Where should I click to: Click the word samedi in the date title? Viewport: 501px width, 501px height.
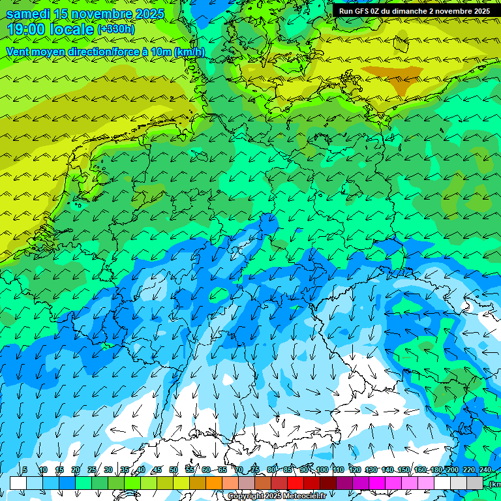click(29, 14)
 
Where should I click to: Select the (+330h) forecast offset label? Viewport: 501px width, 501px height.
click(116, 29)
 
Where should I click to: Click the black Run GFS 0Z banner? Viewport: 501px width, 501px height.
click(414, 10)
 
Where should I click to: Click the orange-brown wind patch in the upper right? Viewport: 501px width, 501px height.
click(395, 78)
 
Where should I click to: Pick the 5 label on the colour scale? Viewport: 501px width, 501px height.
click(25, 470)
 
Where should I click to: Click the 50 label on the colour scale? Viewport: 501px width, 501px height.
click(174, 470)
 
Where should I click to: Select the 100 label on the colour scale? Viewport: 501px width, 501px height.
click(322, 470)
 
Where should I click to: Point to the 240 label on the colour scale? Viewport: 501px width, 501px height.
click(485, 470)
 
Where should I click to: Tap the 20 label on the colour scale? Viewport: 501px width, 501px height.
click(76, 470)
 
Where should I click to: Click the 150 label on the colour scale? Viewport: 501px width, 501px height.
click(404, 470)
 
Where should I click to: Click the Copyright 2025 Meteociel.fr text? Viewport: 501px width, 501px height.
click(277, 496)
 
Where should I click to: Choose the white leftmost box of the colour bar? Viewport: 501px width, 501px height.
click(18, 483)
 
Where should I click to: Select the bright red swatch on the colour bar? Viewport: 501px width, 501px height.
click(296, 483)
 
